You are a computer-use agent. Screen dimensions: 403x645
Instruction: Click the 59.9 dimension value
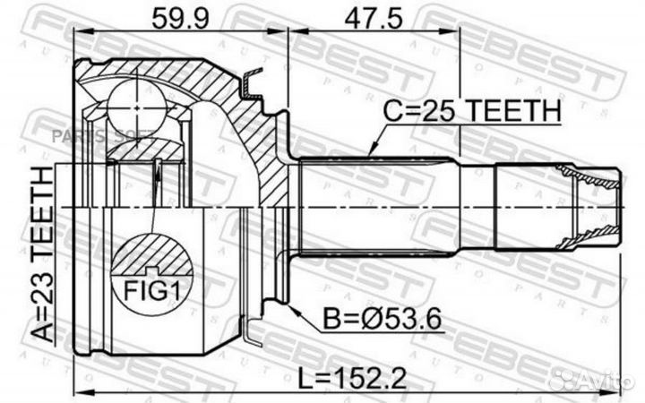tap(175, 17)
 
